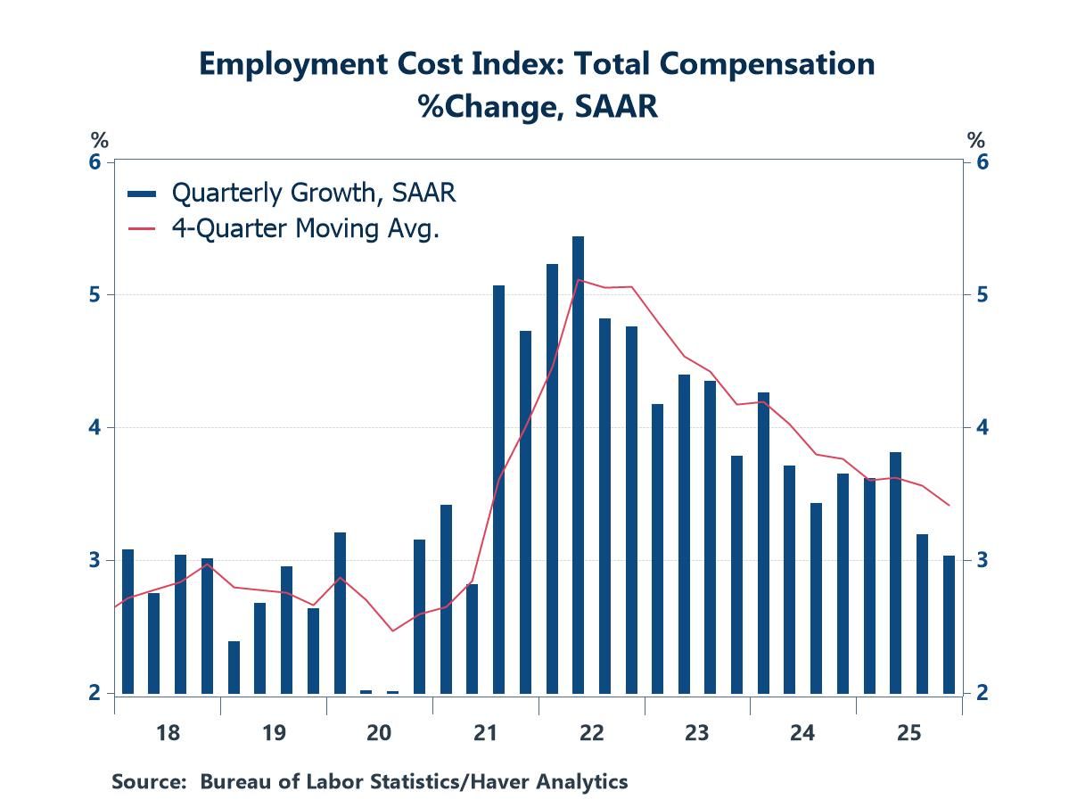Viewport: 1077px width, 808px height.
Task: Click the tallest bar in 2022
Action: (x=578, y=464)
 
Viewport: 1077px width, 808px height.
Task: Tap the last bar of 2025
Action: (x=949, y=624)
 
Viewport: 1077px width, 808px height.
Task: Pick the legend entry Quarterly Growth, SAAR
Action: (x=292, y=192)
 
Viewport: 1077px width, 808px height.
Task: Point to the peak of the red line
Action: (x=579, y=279)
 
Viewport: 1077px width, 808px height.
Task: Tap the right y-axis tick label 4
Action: (x=982, y=427)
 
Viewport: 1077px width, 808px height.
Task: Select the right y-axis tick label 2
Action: (x=982, y=693)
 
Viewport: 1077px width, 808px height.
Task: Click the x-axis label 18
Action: (x=168, y=733)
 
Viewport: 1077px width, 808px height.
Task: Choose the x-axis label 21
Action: (x=485, y=733)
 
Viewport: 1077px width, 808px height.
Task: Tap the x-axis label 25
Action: (x=908, y=733)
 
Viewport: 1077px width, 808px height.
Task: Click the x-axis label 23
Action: (x=697, y=733)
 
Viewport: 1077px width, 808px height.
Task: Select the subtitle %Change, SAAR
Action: (x=538, y=106)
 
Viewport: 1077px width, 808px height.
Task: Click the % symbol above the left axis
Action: (x=98, y=140)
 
